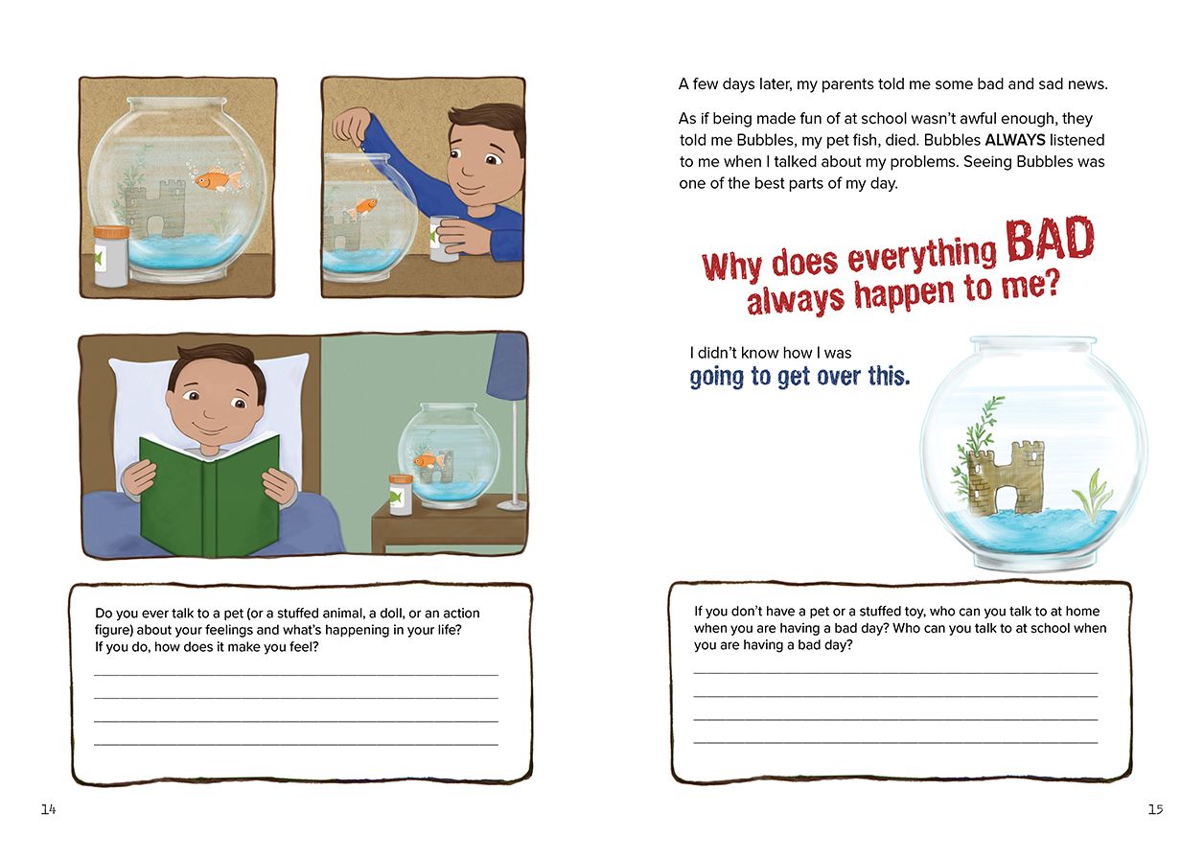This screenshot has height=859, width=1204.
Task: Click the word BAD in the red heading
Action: pyautogui.click(x=1050, y=241)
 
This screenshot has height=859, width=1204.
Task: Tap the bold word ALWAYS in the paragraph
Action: pyautogui.click(x=1015, y=140)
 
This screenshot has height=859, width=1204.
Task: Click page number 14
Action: pyautogui.click(x=48, y=809)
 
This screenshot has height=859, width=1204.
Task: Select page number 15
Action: pyautogui.click(x=1155, y=809)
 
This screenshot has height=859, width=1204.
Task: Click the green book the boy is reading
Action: pyautogui.click(x=210, y=496)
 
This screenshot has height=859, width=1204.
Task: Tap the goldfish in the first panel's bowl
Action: pyautogui.click(x=219, y=179)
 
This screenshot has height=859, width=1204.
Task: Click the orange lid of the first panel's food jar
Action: pyautogui.click(x=111, y=233)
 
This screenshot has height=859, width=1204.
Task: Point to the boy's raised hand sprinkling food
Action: pyautogui.click(x=352, y=125)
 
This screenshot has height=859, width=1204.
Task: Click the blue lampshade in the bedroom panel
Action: pyautogui.click(x=507, y=366)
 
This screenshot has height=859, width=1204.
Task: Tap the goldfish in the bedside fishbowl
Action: pyautogui.click(x=427, y=460)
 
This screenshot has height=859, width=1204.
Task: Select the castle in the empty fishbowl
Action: pyautogui.click(x=1005, y=477)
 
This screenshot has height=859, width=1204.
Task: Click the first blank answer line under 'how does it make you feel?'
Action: pyautogui.click(x=296, y=675)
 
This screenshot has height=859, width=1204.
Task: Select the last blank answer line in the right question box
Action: pyautogui.click(x=895, y=742)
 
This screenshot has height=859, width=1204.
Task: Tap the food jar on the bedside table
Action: pyautogui.click(x=401, y=495)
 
